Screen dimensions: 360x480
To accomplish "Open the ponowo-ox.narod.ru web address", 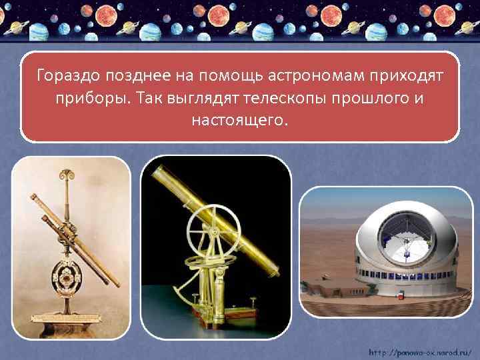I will click(420, 351).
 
